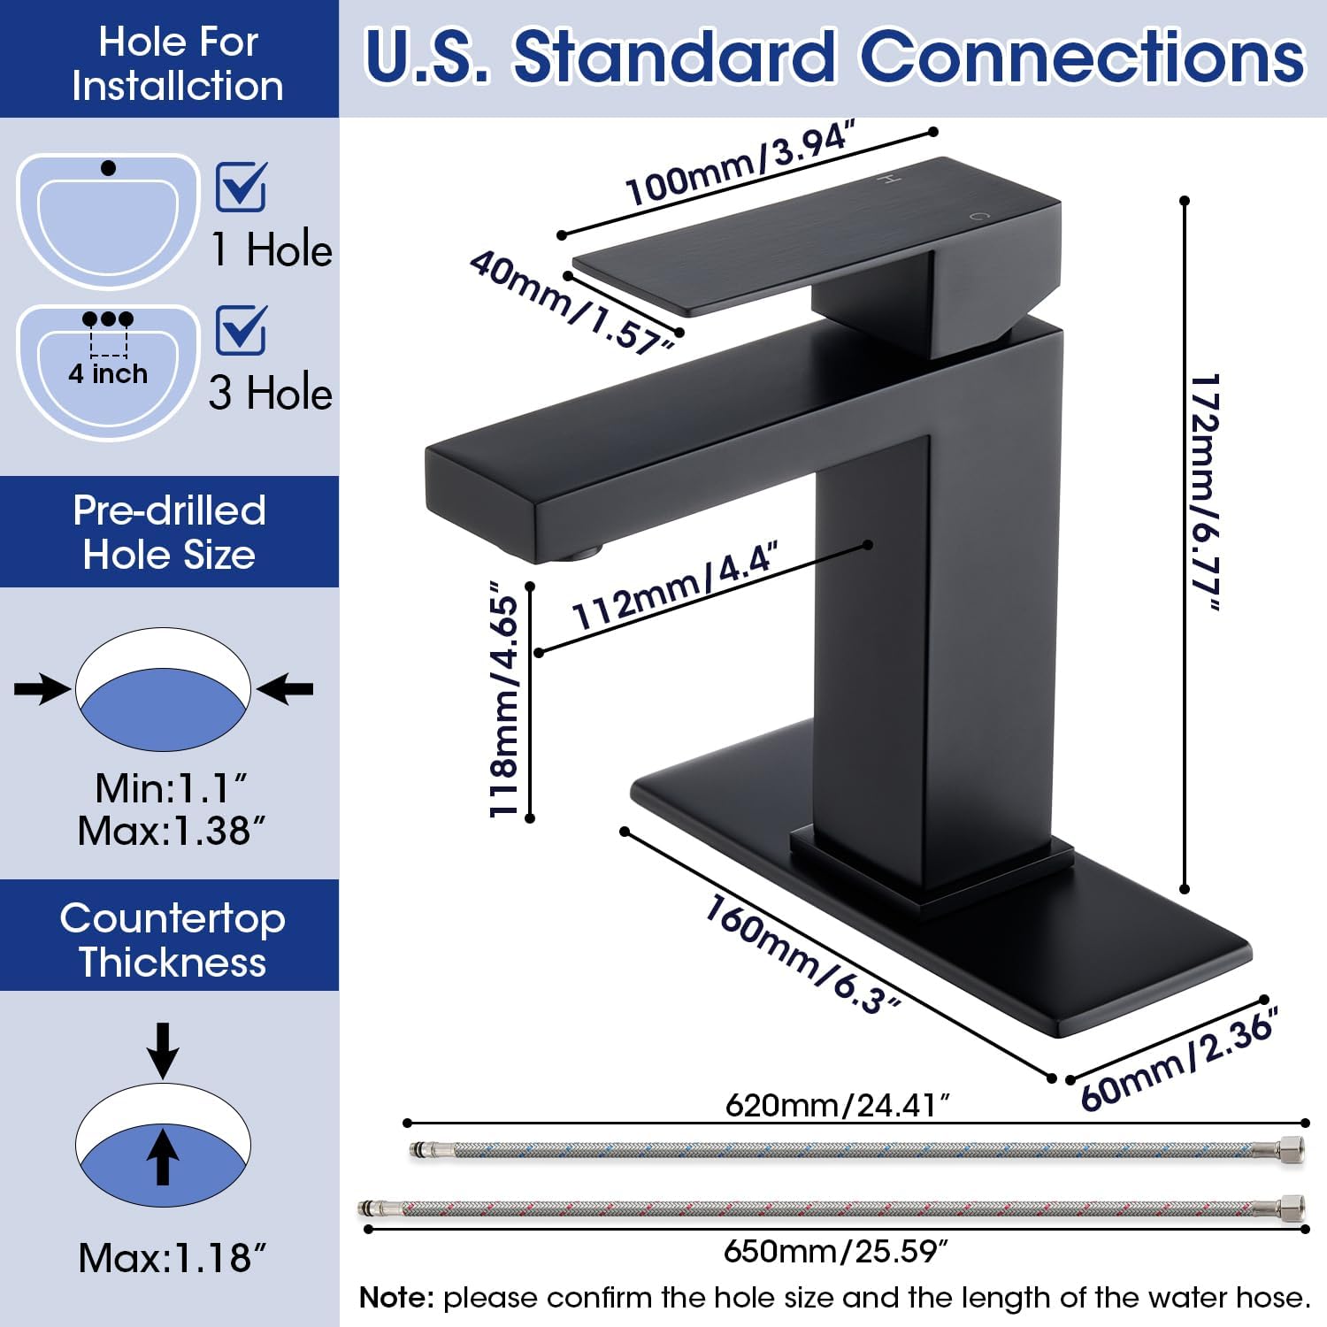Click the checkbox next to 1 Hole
241,187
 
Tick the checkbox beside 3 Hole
241,330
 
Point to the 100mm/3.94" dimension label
740,165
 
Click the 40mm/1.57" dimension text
573,302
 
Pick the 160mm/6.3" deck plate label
802,954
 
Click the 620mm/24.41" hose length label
837,1105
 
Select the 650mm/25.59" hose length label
836,1251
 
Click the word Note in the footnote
395,1298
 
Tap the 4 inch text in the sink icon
108,373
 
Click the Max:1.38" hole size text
171,831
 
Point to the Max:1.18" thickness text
172,1257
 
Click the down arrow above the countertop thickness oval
163,1049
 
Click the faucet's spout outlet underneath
579,555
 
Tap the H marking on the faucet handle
887,180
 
